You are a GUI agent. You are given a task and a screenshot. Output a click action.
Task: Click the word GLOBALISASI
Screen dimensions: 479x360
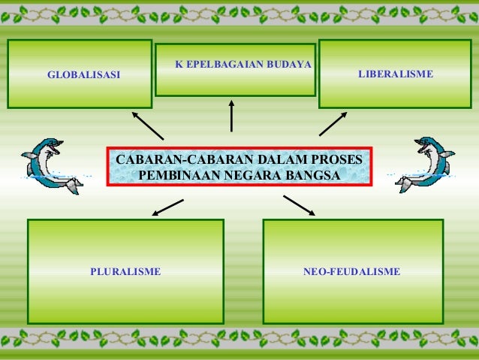coord(83,75)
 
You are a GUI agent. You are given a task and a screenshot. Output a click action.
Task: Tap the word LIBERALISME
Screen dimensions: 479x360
coord(395,74)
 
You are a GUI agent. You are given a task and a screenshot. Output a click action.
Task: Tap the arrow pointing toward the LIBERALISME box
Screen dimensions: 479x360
coord(333,124)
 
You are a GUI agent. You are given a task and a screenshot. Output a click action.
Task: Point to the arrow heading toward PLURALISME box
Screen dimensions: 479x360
coord(167,207)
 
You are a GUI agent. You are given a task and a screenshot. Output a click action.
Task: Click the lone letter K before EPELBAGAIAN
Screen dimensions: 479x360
coord(179,65)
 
